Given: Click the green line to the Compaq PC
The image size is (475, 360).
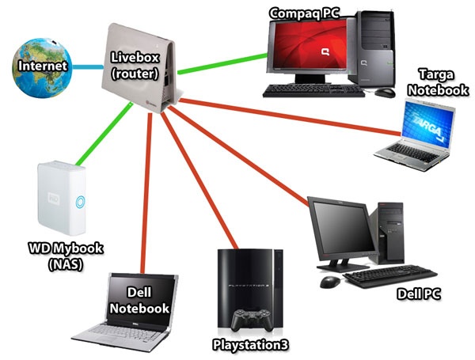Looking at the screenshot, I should coord(222,63).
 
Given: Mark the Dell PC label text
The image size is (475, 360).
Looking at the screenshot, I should coord(417,295).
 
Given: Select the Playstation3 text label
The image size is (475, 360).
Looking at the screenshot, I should coord(250,345).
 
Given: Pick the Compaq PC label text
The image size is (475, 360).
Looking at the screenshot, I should coord(304,13).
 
